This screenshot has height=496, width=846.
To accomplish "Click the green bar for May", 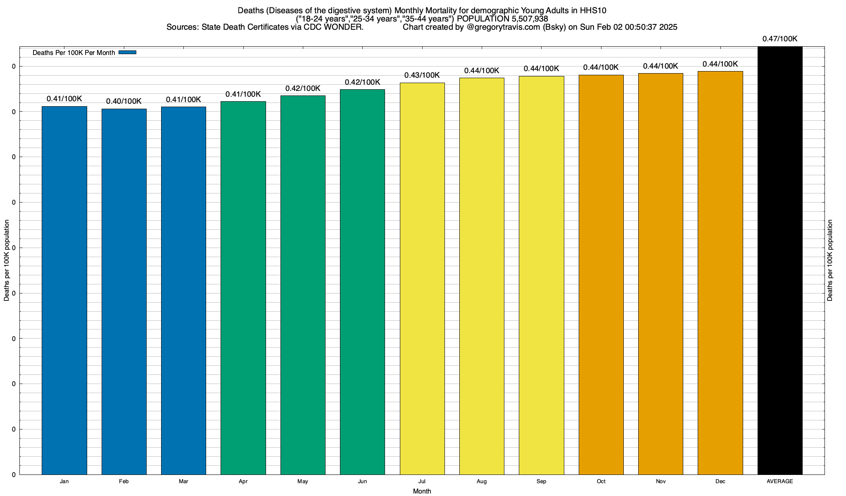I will [303, 285].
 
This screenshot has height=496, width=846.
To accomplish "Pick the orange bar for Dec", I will [720, 273].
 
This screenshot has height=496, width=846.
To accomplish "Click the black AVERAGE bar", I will [780, 260].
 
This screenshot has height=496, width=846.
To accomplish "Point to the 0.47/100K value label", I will [780, 39].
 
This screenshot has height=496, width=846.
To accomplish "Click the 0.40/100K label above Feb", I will [124, 101].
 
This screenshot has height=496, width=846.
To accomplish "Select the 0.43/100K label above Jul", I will [422, 75].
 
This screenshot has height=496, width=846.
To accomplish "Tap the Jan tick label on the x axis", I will [64, 482].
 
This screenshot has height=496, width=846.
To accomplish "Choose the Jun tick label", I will [362, 482].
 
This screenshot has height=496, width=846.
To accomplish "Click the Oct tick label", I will [601, 482].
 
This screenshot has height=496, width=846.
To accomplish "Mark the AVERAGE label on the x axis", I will [780, 482].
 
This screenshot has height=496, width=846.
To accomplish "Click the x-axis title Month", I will [422, 491].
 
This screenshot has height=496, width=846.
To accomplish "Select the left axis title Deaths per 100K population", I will [7, 260].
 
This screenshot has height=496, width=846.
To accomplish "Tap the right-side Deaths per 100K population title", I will [830, 260].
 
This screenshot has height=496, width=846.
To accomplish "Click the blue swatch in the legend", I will [127, 52].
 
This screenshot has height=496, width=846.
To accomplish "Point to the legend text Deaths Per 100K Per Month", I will [74, 53].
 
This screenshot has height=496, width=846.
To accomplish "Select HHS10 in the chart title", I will [593, 10].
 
